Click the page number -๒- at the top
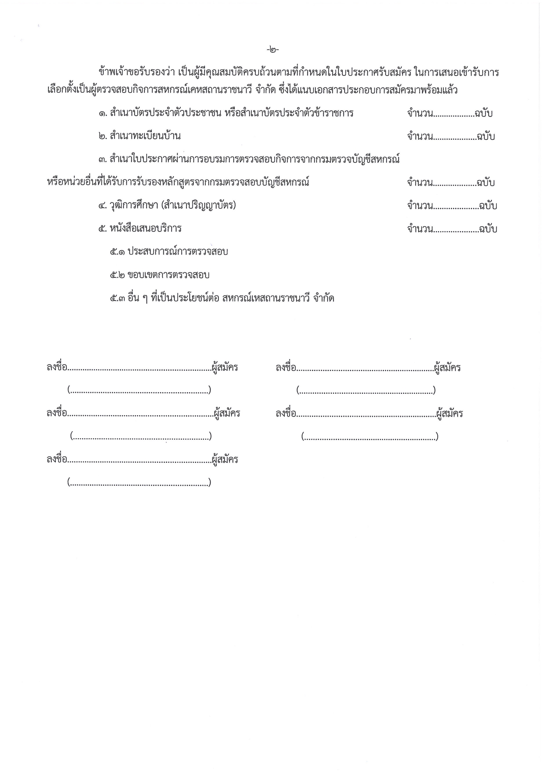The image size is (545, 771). click(272, 50)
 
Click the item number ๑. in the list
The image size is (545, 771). click(102, 113)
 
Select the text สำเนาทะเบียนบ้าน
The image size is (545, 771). click(145, 136)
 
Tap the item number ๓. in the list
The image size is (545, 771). click(102, 159)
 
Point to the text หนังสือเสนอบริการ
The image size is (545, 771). click(145, 229)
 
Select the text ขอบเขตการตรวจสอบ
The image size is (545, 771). click(168, 275)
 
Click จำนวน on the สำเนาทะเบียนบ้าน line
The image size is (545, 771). click(420, 136)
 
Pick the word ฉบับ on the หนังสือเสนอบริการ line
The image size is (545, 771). click(488, 229)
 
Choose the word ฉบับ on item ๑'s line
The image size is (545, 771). click(483, 113)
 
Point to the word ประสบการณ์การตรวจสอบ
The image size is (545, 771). click(178, 252)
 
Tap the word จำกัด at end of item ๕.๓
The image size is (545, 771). click(324, 298)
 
